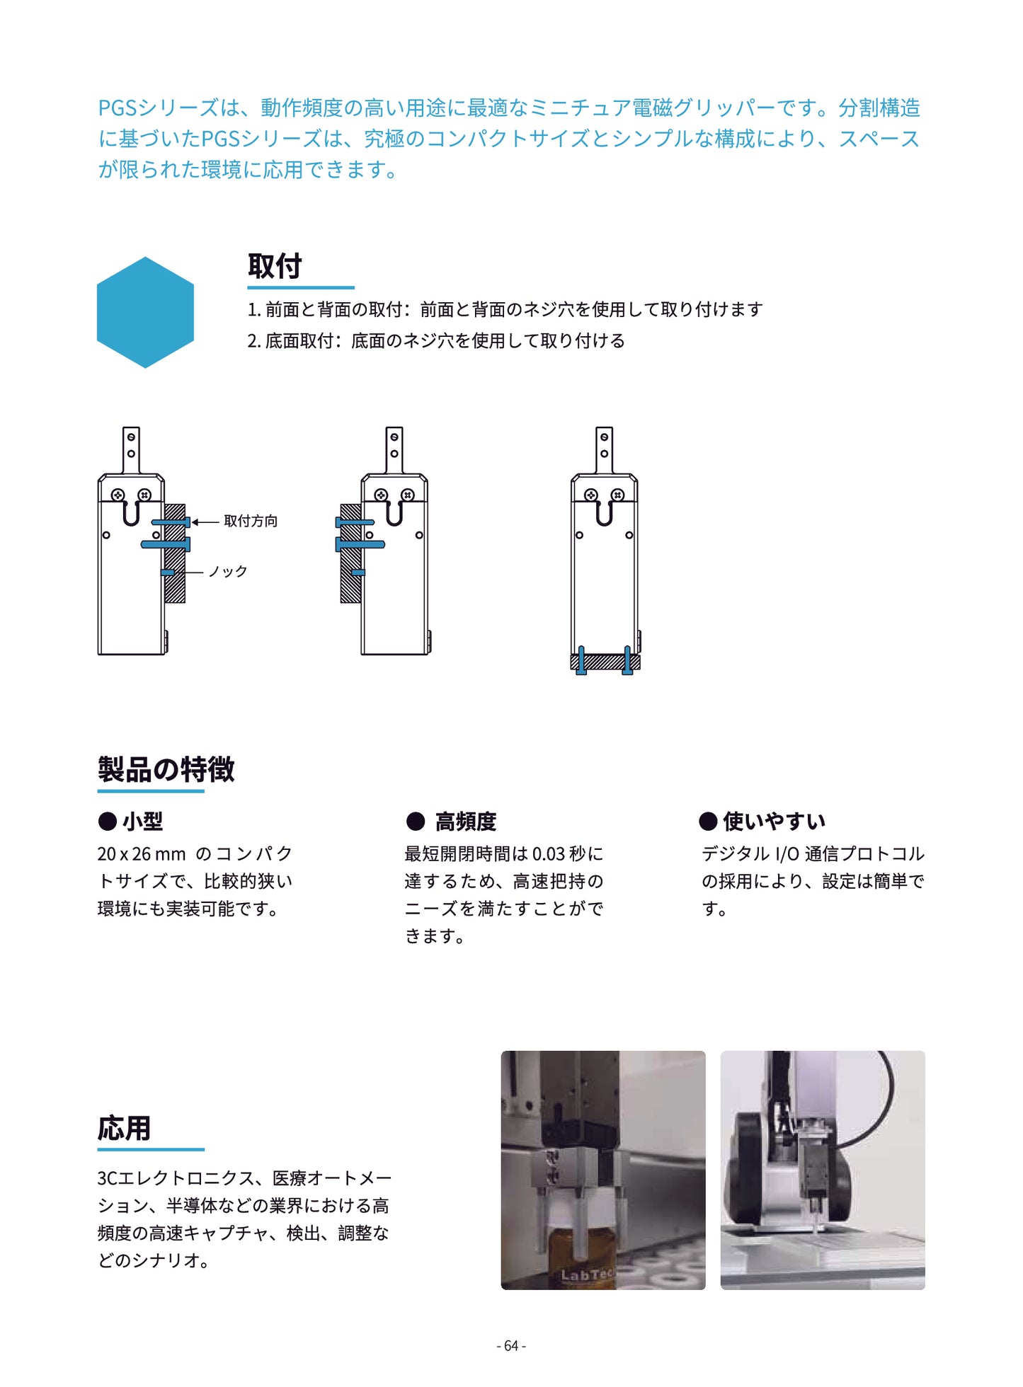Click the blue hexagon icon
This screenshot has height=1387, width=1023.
(145, 312)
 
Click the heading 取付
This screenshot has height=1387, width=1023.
(275, 267)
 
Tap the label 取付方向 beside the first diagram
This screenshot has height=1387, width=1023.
(251, 521)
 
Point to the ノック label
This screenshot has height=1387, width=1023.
(228, 571)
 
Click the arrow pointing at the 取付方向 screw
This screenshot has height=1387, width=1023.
(205, 522)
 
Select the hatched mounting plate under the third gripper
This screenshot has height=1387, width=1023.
(605, 662)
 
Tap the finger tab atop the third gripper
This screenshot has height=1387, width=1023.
(604, 447)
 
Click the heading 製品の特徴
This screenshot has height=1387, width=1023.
(166, 769)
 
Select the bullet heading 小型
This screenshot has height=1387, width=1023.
(142, 822)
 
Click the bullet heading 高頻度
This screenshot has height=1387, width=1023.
(465, 822)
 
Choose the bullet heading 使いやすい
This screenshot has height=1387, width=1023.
(774, 821)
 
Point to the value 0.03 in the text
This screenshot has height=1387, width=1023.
(548, 854)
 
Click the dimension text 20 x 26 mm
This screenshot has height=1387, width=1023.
(142, 854)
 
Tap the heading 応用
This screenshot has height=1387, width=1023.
(124, 1128)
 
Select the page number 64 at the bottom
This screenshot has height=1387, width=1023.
(511, 1345)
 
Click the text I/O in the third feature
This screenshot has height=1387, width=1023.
(787, 854)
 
